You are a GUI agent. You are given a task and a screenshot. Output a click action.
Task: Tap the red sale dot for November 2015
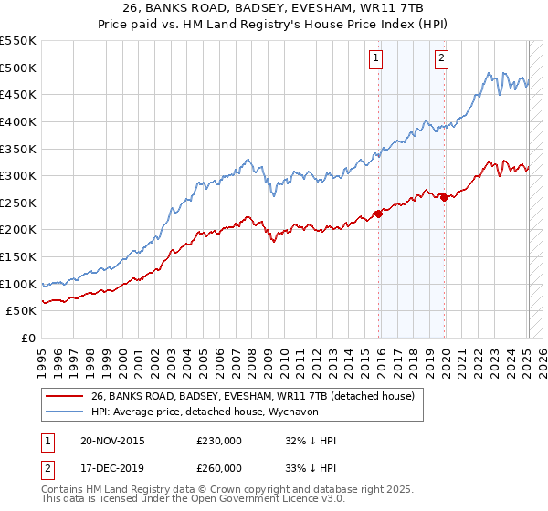[378, 214]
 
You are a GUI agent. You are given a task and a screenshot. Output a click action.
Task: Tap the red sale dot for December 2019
[444, 197]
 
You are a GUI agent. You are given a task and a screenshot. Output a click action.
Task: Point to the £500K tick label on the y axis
[18, 68]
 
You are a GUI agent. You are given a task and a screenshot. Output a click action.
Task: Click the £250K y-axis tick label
[18, 203]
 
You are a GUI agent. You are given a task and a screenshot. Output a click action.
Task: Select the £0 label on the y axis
[27, 338]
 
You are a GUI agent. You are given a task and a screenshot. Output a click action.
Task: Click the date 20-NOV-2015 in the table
[112, 441]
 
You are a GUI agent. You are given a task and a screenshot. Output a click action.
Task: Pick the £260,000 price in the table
[219, 468]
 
